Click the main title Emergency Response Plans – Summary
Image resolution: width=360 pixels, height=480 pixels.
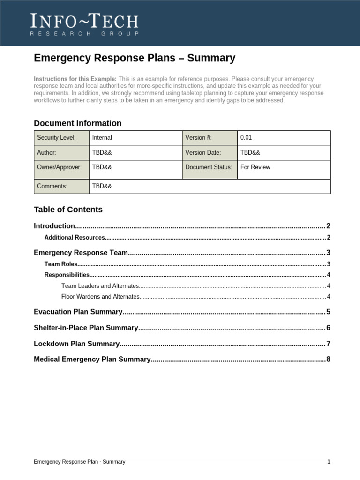pyautogui.click(x=135, y=58)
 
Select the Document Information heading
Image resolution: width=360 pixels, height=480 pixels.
pyautogui.click(x=77, y=123)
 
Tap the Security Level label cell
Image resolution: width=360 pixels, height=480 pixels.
pyautogui.click(x=61, y=138)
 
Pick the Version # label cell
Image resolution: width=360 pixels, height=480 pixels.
pyautogui.click(x=209, y=138)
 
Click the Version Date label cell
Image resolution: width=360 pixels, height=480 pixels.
pyautogui.click(x=209, y=153)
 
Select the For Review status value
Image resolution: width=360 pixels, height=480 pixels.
pyautogui.click(x=255, y=167)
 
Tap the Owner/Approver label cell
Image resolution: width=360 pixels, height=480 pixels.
pyautogui.click(x=61, y=167)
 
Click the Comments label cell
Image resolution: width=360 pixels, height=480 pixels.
pyautogui.click(x=61, y=186)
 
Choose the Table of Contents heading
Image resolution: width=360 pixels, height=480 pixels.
pyautogui.click(x=68, y=210)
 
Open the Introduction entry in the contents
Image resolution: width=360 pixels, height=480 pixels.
pyautogui.click(x=54, y=226)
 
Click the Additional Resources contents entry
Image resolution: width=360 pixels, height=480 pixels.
pyautogui.click(x=75, y=238)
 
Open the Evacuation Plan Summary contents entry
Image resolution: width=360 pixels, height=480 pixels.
pyautogui.click(x=78, y=312)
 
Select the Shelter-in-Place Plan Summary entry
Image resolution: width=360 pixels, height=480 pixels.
pyautogui.click(x=86, y=328)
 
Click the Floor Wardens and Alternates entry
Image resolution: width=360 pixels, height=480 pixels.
pyautogui.click(x=100, y=297)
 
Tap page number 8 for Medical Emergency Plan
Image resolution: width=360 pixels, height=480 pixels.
pyautogui.click(x=329, y=360)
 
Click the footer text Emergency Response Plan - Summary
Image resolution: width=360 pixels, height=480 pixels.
pyautogui.click(x=79, y=462)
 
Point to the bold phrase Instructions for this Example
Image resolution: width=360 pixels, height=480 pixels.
pyautogui.click(x=75, y=79)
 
